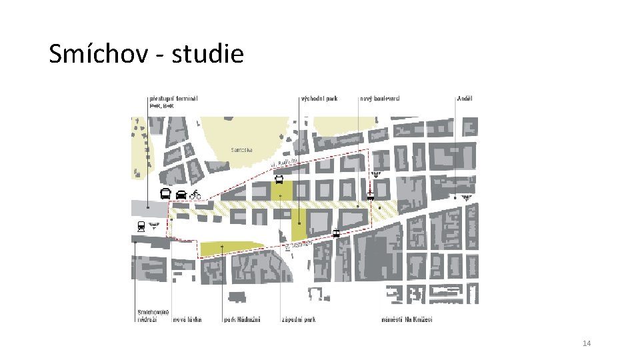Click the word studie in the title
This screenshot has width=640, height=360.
[x=208, y=53]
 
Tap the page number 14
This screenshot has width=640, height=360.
[x=587, y=343]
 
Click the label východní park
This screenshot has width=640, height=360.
[x=319, y=98]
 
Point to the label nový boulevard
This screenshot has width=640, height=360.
[x=379, y=98]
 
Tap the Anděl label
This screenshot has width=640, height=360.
[x=464, y=98]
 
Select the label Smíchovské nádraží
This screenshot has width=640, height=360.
[x=153, y=315]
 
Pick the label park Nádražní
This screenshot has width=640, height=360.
[x=241, y=319]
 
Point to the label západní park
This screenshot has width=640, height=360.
[x=298, y=319]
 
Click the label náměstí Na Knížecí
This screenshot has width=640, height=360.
[x=407, y=319]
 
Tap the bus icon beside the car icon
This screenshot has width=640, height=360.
[x=165, y=195]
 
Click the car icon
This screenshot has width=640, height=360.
[x=181, y=195]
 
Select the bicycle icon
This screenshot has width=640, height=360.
[x=195, y=195]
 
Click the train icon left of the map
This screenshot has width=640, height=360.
[x=141, y=226]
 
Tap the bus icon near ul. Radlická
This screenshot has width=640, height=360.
[x=279, y=179]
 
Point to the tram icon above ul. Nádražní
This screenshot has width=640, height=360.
[x=336, y=233]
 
